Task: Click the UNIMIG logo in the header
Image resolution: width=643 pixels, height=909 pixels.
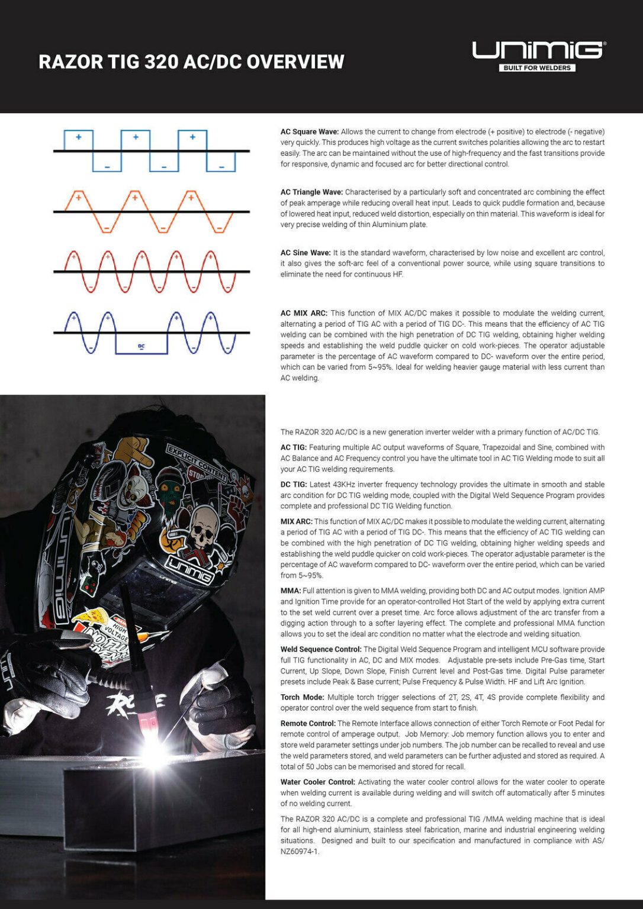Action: coord(538,50)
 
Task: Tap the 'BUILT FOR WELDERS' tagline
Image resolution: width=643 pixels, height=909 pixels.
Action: coord(537,68)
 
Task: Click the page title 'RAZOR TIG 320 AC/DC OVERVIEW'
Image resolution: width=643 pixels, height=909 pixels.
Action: coord(191,62)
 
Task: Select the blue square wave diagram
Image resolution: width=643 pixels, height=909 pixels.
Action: coord(151,151)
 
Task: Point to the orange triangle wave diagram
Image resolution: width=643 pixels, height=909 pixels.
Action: coord(151,211)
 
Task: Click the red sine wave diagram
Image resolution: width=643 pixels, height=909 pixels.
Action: coord(151,272)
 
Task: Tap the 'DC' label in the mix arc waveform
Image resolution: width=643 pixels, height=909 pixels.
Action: coord(142,346)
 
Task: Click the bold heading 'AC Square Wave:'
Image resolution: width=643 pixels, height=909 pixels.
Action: coord(309,132)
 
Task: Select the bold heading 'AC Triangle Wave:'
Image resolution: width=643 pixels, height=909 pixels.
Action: coord(311,192)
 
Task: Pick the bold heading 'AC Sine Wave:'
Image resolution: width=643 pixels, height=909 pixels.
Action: coord(306,253)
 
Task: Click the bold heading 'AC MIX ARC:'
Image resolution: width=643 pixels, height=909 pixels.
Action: coord(304,313)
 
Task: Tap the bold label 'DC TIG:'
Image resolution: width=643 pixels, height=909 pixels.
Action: coord(293,485)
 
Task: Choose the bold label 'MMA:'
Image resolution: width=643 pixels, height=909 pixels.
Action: coord(290,591)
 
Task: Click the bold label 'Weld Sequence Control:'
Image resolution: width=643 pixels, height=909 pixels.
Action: coord(320,649)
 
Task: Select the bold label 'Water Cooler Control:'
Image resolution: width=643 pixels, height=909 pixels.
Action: coord(318,782)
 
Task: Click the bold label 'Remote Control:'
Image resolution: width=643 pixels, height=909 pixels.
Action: coord(307,723)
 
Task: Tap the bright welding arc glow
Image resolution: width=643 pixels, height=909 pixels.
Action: coord(155,752)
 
